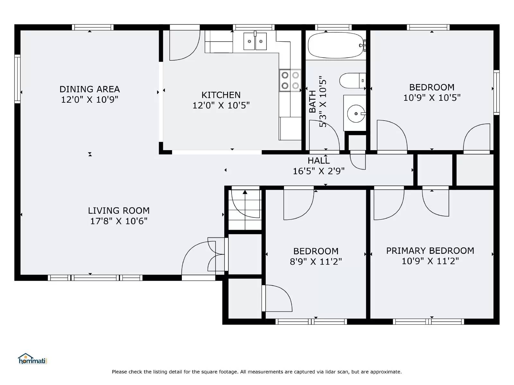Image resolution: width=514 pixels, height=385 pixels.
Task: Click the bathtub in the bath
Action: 335,45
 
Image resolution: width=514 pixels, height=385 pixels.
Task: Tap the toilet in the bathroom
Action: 352,81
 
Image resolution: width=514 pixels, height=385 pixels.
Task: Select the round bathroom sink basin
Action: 356,114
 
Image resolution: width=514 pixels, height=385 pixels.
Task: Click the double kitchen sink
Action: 255,41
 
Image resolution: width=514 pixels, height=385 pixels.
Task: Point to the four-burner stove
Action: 290,80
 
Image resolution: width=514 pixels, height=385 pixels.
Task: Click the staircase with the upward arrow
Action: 245,209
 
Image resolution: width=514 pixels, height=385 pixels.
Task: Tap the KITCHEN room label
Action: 221,95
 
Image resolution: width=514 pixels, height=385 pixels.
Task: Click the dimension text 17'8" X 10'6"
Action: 119,221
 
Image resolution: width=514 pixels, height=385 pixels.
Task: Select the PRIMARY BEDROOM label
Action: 430,251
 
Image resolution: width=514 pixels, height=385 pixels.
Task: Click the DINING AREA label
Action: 89,89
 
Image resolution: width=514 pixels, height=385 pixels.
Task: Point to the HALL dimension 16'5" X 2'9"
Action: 318,171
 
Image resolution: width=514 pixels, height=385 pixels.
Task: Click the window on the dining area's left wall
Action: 17,79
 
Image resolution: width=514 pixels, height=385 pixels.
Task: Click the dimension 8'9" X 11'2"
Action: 315,262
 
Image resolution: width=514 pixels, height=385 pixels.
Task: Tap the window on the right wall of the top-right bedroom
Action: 496,92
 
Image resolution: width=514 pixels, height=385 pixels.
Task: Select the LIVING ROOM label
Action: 119,210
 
